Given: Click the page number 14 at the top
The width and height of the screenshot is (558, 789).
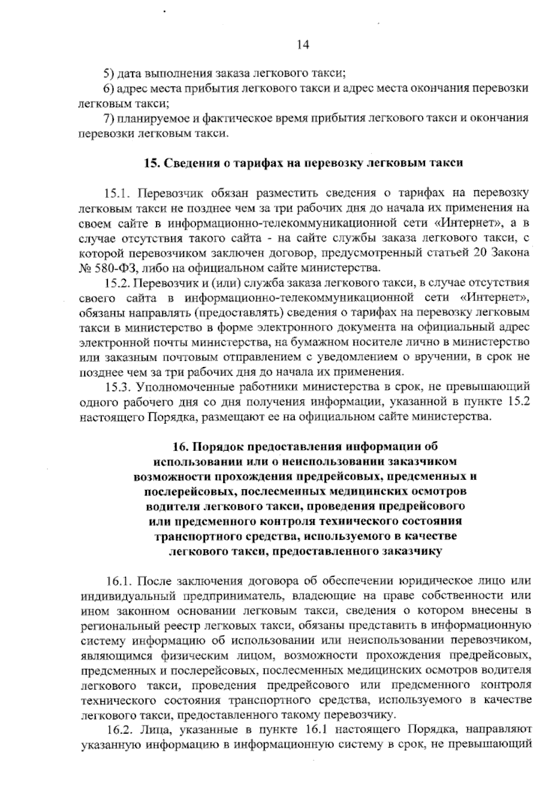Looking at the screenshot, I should (x=302, y=45).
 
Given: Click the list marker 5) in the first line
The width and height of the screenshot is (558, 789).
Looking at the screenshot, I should (x=108, y=73).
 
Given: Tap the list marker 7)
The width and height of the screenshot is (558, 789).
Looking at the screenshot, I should (x=108, y=118).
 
